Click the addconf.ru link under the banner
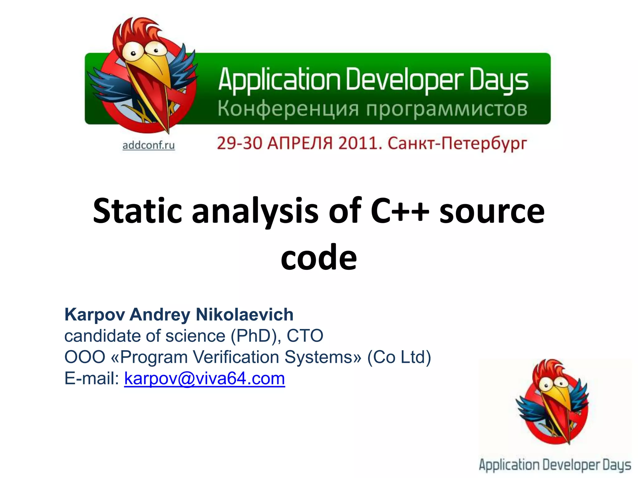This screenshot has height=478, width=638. (x=149, y=145)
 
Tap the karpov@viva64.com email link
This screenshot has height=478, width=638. (x=204, y=378)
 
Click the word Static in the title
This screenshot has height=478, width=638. (x=137, y=211)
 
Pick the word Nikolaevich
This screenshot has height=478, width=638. (x=245, y=314)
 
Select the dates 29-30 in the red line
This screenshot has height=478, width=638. (x=239, y=144)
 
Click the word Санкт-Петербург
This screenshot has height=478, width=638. (x=457, y=144)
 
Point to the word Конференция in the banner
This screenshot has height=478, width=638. (x=288, y=109)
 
